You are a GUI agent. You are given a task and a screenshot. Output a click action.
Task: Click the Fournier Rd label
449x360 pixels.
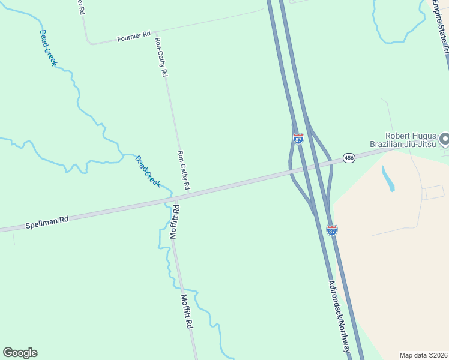tap(133, 37)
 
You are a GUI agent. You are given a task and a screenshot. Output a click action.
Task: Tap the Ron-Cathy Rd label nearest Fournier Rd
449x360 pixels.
tap(161, 57)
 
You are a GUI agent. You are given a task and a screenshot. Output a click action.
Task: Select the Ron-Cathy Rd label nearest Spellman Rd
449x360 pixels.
tap(184, 170)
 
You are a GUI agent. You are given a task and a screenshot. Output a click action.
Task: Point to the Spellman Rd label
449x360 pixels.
tap(47, 222)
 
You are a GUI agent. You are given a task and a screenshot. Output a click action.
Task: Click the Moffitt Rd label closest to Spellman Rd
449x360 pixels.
tap(175, 223)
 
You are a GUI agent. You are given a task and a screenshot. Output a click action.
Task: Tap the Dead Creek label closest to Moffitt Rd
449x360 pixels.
tap(148, 172)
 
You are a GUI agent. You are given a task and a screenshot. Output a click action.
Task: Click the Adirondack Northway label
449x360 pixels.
tap(339, 316)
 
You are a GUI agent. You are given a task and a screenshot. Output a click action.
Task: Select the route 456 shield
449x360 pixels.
tap(349, 158)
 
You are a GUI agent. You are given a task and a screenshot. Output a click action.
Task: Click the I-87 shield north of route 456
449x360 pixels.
tap(298, 139)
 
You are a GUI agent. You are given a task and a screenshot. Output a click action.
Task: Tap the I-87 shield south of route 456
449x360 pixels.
tap(332, 230)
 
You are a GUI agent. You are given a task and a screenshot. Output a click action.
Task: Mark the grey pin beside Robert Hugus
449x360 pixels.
tap(444, 139)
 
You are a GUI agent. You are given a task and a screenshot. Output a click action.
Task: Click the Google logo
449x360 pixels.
tap(20, 353)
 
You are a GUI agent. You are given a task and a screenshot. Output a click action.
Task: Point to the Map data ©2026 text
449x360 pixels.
tap(424, 355)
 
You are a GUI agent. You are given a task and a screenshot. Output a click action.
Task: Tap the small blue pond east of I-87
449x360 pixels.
tap(388, 178)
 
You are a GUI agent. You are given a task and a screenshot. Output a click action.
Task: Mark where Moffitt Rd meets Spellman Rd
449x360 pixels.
tap(175, 199)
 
